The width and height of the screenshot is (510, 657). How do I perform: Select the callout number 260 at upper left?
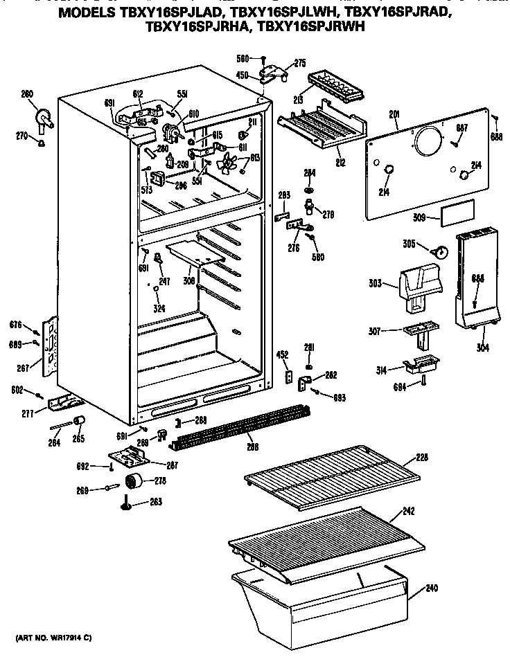[x=27, y=94]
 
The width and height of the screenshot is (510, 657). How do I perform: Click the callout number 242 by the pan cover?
[x=410, y=512]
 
